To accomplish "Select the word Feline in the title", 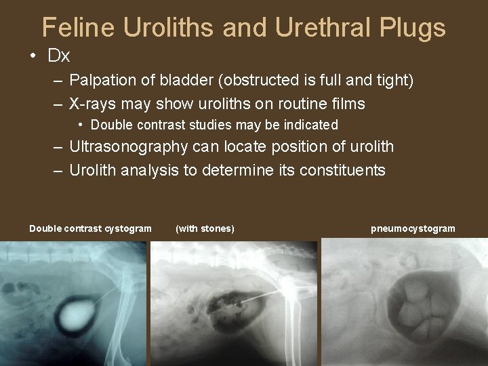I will (x=76, y=28).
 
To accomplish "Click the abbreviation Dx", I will (x=59, y=56).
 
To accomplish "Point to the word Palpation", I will (x=100, y=81).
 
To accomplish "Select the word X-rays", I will (x=92, y=104).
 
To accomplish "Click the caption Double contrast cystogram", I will (x=90, y=228).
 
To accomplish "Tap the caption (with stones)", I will (x=205, y=228).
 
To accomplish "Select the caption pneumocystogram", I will (x=413, y=228).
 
